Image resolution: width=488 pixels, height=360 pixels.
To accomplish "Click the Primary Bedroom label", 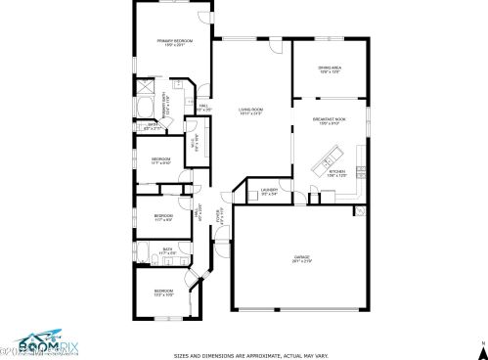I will click(x=175, y=42).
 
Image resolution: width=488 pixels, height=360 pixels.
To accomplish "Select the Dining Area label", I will click(x=330, y=68).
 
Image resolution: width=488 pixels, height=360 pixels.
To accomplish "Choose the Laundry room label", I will click(x=270, y=192).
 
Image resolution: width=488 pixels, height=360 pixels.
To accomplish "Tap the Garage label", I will click(x=302, y=259).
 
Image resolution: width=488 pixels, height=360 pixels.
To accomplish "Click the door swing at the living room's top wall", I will click(x=275, y=46).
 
